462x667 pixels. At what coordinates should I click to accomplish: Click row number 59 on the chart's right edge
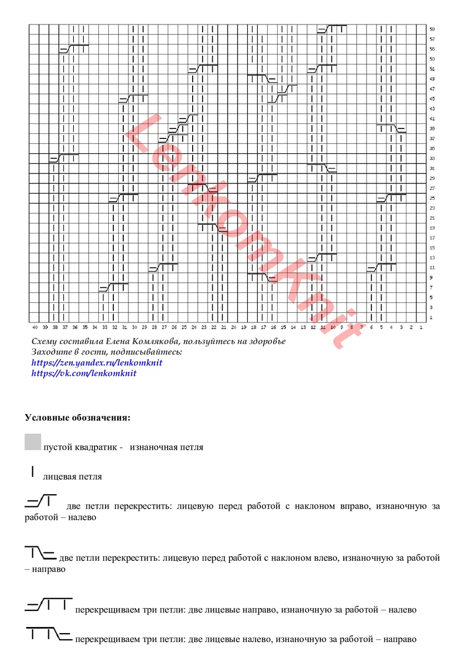click(x=431, y=29)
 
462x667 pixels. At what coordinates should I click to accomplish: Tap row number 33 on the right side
click(x=431, y=158)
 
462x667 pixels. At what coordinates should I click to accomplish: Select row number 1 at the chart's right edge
click(x=431, y=317)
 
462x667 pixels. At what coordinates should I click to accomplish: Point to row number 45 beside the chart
click(x=431, y=98)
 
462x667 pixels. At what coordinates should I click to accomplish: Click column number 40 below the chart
click(x=34, y=327)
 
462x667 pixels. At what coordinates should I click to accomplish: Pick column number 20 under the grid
click(x=233, y=327)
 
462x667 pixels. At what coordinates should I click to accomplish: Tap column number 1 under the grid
click(x=421, y=327)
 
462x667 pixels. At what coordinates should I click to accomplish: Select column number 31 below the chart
click(x=124, y=327)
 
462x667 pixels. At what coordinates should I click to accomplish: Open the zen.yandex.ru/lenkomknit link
click(x=97, y=362)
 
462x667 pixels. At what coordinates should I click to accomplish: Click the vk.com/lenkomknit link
click(x=84, y=373)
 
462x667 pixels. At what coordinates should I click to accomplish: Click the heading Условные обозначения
click(x=78, y=417)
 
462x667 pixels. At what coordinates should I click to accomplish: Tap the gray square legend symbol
click(x=33, y=442)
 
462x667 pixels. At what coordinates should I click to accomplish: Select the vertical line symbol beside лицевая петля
click(x=33, y=472)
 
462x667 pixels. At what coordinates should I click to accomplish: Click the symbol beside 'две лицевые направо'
click(x=48, y=604)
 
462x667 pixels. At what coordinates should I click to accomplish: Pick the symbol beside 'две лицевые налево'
click(x=48, y=634)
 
